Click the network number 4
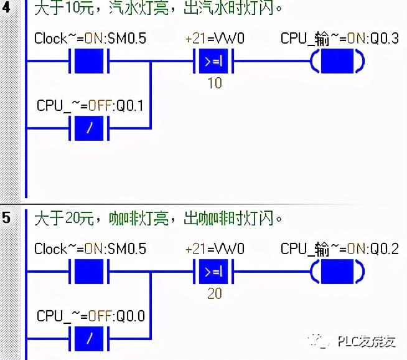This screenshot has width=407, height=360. (7, 8)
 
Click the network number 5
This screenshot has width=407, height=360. (7, 219)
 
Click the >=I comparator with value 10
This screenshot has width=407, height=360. (214, 62)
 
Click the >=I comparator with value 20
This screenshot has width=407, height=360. (214, 272)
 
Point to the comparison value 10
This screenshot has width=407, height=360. (214, 83)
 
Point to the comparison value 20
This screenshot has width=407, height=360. (214, 293)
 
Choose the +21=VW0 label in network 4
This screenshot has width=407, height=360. (215, 39)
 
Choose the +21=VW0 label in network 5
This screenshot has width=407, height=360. (215, 249)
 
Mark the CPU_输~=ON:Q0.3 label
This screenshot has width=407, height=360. (339, 39)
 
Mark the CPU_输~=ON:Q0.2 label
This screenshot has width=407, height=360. (339, 249)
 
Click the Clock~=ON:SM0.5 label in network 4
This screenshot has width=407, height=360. (90, 39)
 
